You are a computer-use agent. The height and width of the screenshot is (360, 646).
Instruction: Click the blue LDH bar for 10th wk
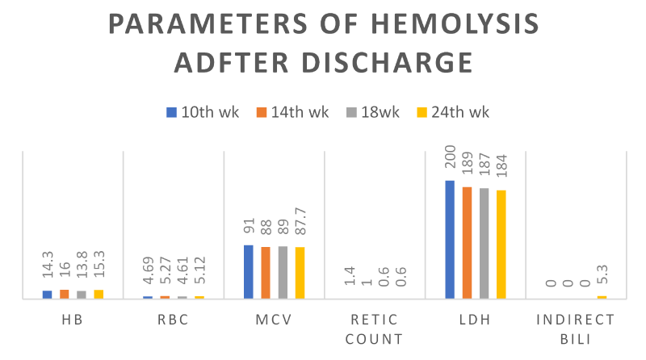click(450, 240)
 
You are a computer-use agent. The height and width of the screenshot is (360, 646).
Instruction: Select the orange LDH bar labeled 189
click(467, 243)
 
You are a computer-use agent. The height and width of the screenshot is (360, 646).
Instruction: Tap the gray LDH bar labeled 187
click(484, 244)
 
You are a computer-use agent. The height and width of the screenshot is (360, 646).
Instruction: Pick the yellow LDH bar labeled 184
click(501, 245)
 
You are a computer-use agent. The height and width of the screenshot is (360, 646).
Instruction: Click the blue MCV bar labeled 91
click(249, 272)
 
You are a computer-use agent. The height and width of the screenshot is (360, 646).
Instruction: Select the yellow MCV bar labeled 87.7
click(300, 273)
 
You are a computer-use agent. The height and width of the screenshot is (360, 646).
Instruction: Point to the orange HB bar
click(64, 294)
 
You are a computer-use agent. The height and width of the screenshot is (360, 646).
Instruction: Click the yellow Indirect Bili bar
click(602, 297)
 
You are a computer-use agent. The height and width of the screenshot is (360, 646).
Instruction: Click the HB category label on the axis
click(73, 320)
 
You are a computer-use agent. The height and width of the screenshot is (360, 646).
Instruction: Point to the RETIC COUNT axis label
click(374, 329)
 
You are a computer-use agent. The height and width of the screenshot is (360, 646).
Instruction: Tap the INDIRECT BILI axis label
click(576, 329)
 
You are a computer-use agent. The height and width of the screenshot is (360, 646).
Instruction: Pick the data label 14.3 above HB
click(48, 267)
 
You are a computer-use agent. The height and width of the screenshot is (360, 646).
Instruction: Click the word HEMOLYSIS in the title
click(448, 24)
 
